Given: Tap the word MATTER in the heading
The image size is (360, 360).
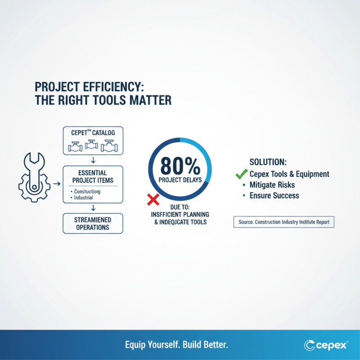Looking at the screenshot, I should click(x=148, y=100).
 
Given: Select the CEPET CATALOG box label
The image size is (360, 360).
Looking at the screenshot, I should click(x=93, y=134).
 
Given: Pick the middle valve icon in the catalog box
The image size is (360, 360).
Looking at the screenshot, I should click(x=92, y=146).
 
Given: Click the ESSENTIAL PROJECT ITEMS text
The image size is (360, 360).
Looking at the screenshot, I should click(x=93, y=176).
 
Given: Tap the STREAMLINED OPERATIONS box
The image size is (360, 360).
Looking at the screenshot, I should click(x=93, y=223).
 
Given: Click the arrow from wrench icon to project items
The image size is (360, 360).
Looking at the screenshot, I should click(x=56, y=184).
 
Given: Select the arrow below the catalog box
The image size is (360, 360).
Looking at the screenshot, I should click(x=93, y=160).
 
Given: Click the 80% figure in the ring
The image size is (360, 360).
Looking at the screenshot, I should click(x=180, y=167).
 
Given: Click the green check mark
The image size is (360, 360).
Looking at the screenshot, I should click(x=242, y=173).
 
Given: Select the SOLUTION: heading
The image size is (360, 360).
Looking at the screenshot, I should click(x=268, y=162).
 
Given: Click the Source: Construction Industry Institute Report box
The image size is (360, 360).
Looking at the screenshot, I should click(x=284, y=222).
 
